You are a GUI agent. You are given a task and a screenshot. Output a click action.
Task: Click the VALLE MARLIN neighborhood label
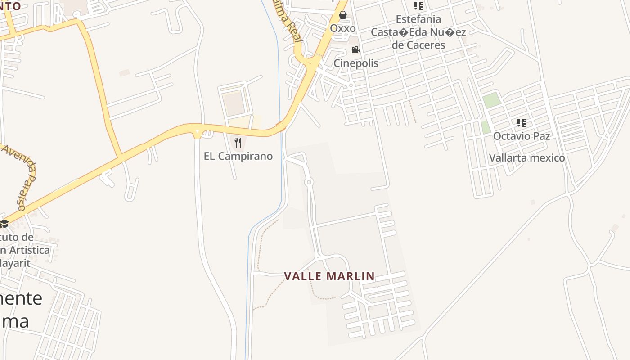click(329, 276)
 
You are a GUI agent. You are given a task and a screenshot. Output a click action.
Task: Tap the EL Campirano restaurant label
click(238, 156)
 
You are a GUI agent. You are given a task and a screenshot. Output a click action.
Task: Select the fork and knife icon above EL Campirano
click(238, 143)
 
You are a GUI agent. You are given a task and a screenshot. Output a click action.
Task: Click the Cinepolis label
click(355, 63)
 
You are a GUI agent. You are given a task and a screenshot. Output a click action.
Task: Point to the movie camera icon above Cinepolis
click(355, 49)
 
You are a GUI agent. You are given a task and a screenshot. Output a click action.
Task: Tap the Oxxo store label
click(343, 28)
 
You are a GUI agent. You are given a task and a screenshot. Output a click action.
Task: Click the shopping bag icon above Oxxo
click(343, 15)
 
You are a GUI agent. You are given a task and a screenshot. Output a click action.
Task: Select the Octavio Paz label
click(522, 136)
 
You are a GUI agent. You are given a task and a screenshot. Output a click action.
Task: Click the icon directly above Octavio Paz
click(522, 122)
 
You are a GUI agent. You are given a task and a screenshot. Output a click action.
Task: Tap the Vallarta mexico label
click(526, 158)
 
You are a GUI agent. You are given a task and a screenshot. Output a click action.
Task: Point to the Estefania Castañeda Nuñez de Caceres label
click(418, 32)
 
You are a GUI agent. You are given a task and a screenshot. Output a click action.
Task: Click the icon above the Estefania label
click(418, 6)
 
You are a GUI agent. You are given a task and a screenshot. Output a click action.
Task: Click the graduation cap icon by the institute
click(4, 223)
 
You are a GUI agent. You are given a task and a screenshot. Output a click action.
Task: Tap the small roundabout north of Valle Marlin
click(309, 182)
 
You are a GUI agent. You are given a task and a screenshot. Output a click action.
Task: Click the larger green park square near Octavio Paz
click(492, 100)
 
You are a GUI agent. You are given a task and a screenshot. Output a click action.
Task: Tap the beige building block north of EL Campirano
click(234, 103)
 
